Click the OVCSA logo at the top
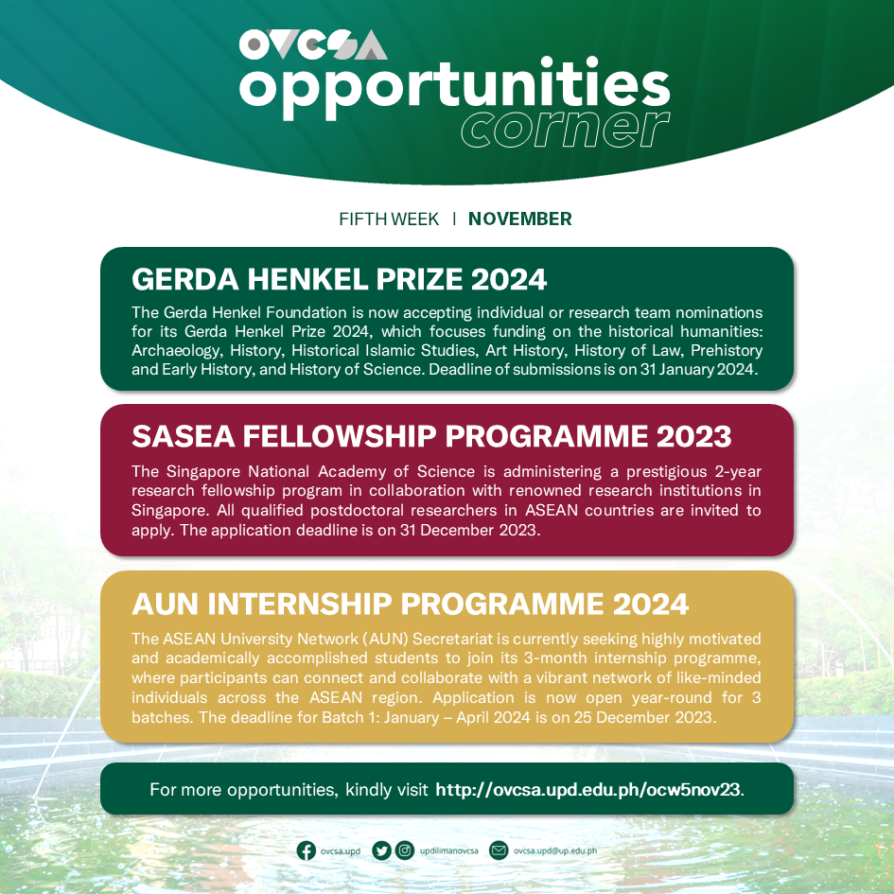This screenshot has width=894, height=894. [313, 44]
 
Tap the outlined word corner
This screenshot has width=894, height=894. [566, 129]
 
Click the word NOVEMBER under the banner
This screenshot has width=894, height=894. [519, 219]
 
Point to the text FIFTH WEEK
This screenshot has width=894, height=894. [389, 219]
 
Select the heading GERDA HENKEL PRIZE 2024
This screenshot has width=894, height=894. [339, 279]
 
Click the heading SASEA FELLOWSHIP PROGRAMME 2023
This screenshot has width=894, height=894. [431, 436]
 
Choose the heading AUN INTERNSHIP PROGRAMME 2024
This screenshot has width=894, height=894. [411, 603]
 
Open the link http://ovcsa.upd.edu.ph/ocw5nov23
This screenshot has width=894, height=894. [587, 790]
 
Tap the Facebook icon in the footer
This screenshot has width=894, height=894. [307, 850]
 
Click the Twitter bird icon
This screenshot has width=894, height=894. [381, 850]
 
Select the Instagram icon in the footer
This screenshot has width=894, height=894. [405, 850]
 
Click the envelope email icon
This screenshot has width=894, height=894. [499, 850]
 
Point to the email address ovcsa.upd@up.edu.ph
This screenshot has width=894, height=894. [555, 851]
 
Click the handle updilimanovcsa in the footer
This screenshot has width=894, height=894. [449, 851]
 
